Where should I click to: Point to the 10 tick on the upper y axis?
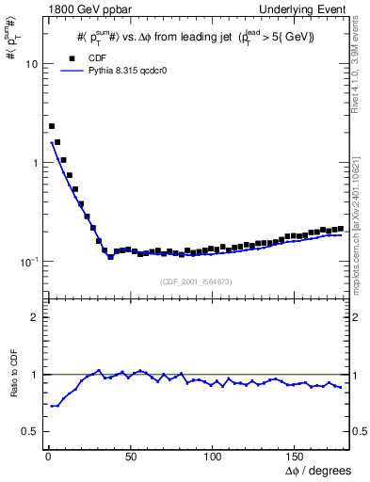pyautogui.click(x=30, y=65)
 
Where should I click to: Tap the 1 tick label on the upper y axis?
pyautogui.click(x=33, y=163)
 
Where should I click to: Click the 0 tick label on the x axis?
pyautogui.click(x=46, y=457)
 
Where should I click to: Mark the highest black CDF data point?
pyautogui.click(x=52, y=126)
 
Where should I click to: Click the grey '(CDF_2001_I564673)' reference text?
pyautogui.click(x=196, y=281)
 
